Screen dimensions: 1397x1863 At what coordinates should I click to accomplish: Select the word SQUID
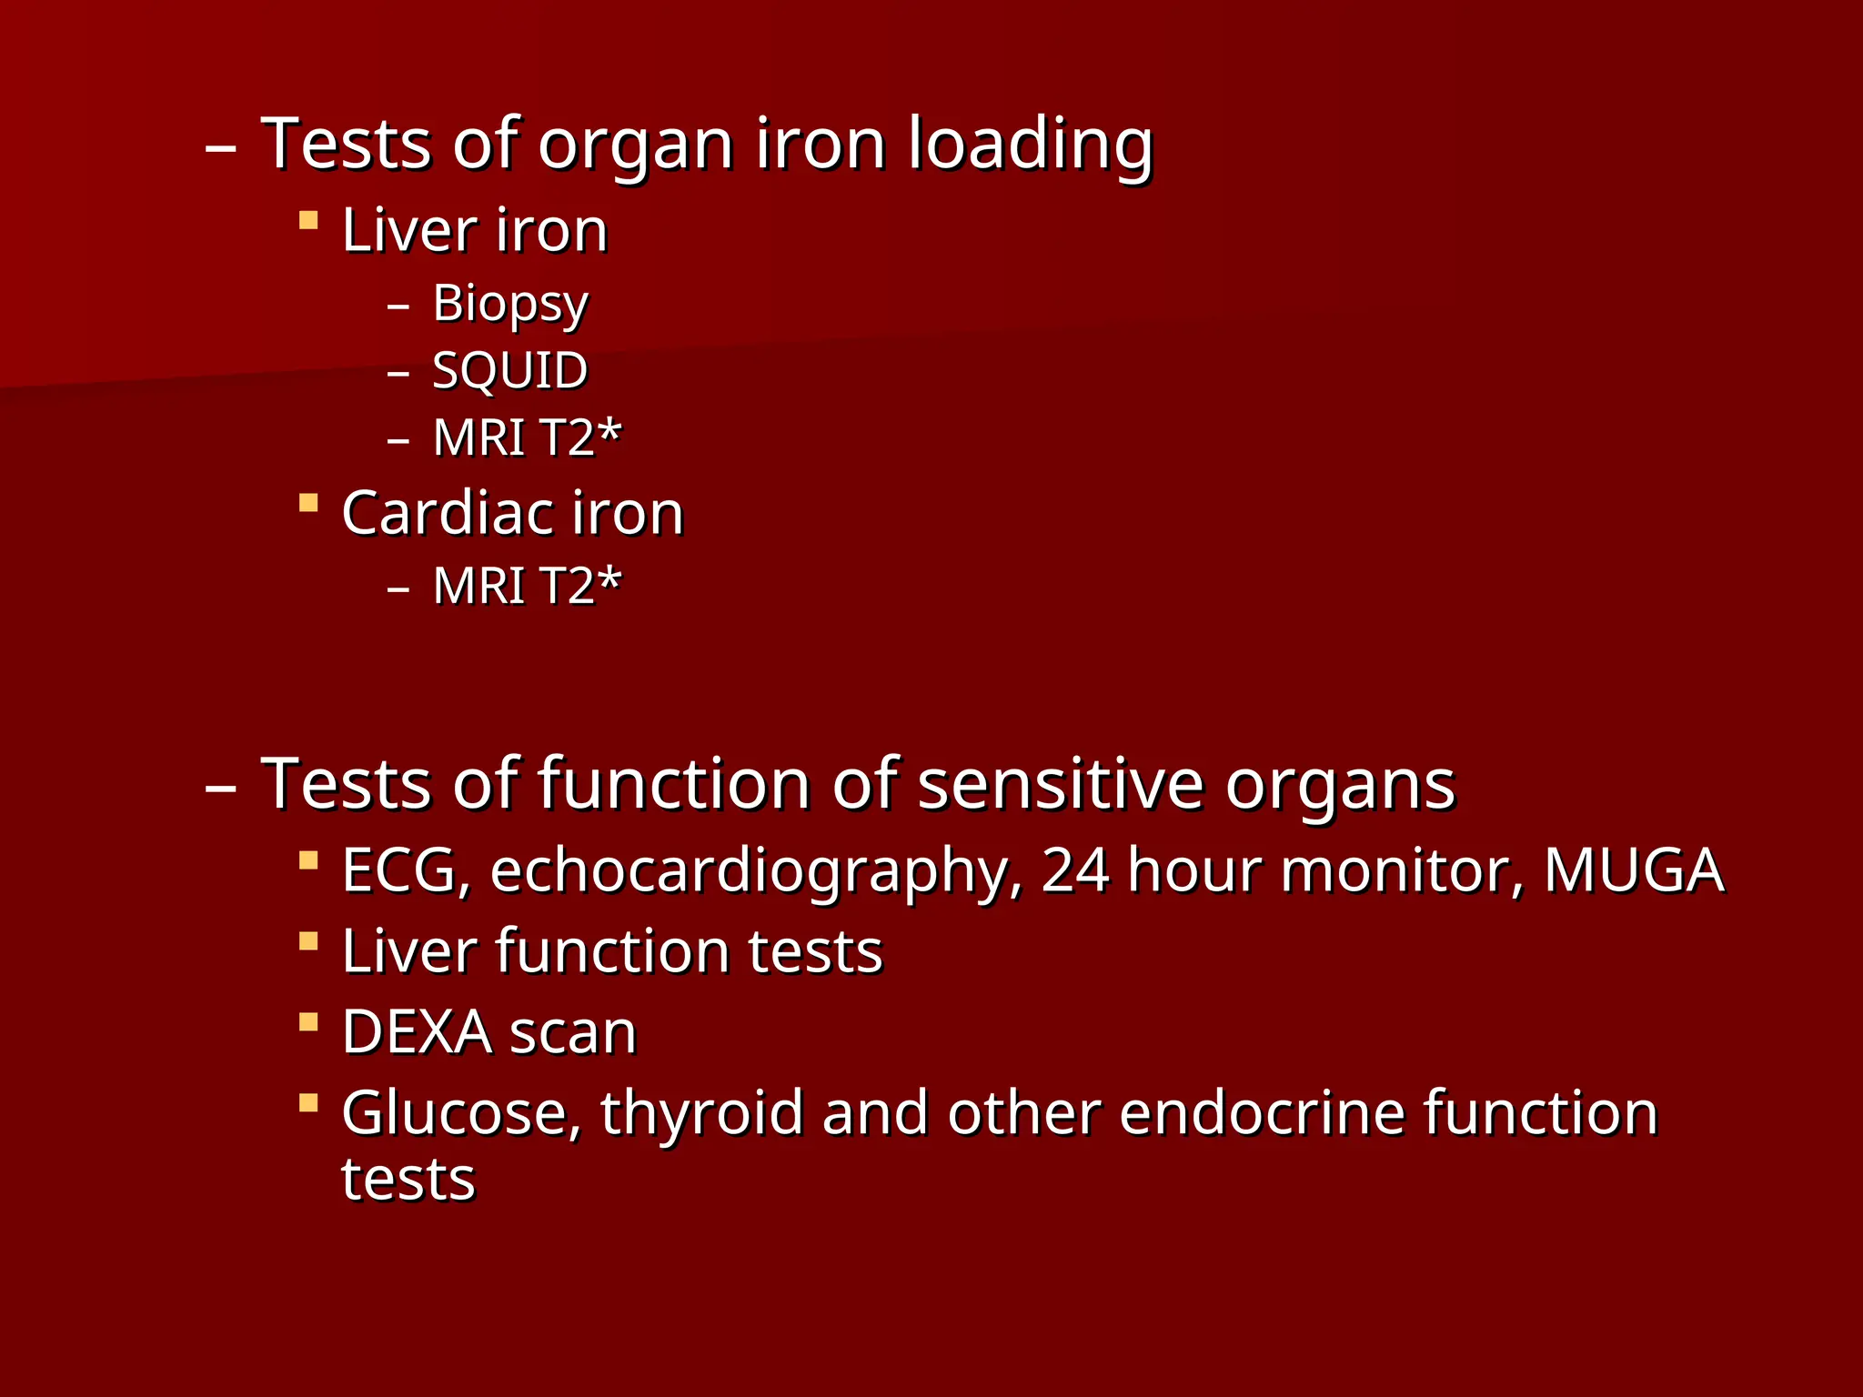coord(510,370)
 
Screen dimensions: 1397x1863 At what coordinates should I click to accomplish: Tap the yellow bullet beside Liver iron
coord(308,220)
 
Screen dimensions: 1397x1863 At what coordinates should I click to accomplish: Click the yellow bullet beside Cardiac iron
coord(308,503)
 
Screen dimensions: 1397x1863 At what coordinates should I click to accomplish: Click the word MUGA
coord(1634,870)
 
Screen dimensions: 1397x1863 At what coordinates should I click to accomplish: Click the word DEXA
coord(417,1032)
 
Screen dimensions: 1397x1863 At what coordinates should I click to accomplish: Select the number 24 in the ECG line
coord(1074,870)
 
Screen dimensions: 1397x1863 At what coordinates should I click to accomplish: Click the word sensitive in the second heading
coord(1060,784)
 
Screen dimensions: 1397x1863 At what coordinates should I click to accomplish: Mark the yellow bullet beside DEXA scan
coord(308,1022)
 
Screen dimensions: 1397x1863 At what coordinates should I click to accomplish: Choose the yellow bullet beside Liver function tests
coord(308,941)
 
